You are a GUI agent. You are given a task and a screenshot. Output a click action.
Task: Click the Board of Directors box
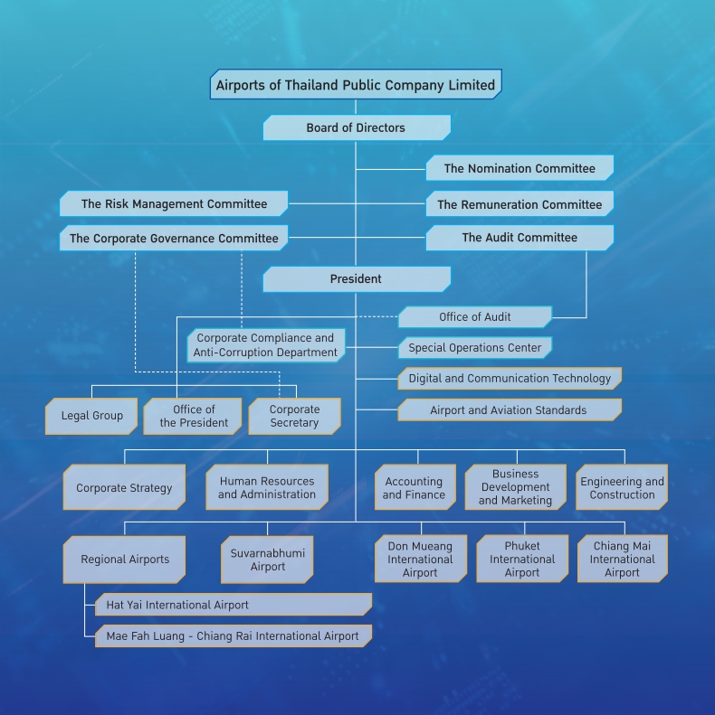click(356, 127)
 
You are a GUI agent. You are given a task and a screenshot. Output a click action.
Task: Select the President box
click(356, 279)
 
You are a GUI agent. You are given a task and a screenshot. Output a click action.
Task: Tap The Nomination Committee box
click(520, 168)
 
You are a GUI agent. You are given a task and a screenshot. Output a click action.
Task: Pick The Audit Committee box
click(520, 238)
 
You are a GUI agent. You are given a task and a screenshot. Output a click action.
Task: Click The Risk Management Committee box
click(174, 204)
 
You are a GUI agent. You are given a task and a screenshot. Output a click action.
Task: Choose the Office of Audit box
click(474, 317)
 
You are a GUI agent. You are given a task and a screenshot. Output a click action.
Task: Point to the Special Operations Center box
click(474, 348)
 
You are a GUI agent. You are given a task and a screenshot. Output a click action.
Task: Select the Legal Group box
click(91, 417)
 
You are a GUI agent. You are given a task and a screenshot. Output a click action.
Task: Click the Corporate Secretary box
click(294, 417)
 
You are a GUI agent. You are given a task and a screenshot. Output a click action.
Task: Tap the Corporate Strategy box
click(124, 488)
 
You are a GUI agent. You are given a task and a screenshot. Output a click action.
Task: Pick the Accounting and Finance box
click(414, 488)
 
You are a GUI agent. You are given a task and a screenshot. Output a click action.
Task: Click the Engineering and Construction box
click(622, 488)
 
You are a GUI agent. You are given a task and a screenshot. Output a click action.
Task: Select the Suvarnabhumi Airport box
click(267, 560)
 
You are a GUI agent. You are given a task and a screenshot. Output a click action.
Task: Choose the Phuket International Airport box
click(522, 560)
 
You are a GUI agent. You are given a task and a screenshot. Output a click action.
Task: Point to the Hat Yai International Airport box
click(234, 605)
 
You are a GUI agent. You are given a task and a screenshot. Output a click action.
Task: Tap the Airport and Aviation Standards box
click(509, 410)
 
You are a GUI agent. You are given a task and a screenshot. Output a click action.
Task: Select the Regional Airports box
click(124, 560)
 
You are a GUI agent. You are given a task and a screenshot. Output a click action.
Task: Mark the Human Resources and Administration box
click(267, 488)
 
